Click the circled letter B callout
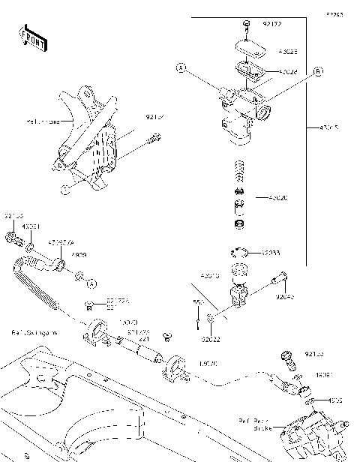(318, 71)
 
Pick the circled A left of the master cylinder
(181, 68)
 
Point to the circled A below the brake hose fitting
(91, 283)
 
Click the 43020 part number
(277, 198)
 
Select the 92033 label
(271, 253)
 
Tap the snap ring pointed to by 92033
(241, 253)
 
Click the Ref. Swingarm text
(34, 331)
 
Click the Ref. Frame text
(41, 120)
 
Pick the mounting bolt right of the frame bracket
(155, 139)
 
